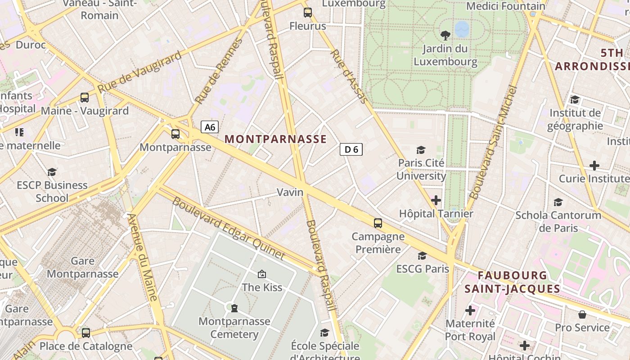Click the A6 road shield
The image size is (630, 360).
coord(210,127)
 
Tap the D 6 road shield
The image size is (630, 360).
coord(351,149)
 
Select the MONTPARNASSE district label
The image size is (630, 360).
coord(275,139)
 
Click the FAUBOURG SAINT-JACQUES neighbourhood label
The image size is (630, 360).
coord(512,282)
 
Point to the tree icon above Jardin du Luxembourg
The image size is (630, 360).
coord(445,35)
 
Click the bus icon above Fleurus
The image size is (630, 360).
coord(308,13)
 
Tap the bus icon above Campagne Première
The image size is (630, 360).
coord(378,223)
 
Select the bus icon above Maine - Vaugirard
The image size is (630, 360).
coord(85,97)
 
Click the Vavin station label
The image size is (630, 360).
coord(290,193)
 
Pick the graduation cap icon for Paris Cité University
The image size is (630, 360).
coord(421,149)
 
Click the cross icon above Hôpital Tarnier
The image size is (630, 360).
coord(436,200)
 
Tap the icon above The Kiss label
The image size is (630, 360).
coord(262,274)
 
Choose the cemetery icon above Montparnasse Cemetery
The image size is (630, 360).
coord(234,308)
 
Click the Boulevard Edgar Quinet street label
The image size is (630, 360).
coord(229,229)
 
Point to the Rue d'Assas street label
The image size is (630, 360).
coord(349,76)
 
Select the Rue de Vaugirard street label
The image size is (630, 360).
coord(139,72)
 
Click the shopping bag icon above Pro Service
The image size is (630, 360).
coord(582,314)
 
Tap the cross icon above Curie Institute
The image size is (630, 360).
coord(594,166)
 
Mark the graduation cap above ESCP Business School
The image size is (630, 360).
coord(52,172)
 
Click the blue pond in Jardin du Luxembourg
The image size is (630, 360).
coord(462,29)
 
